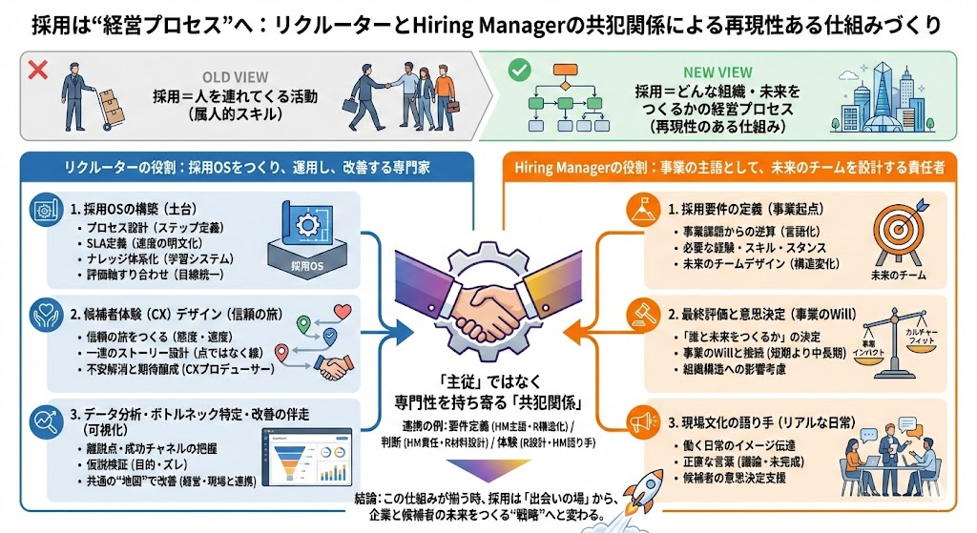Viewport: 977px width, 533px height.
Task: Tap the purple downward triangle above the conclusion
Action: [x=488, y=468]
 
